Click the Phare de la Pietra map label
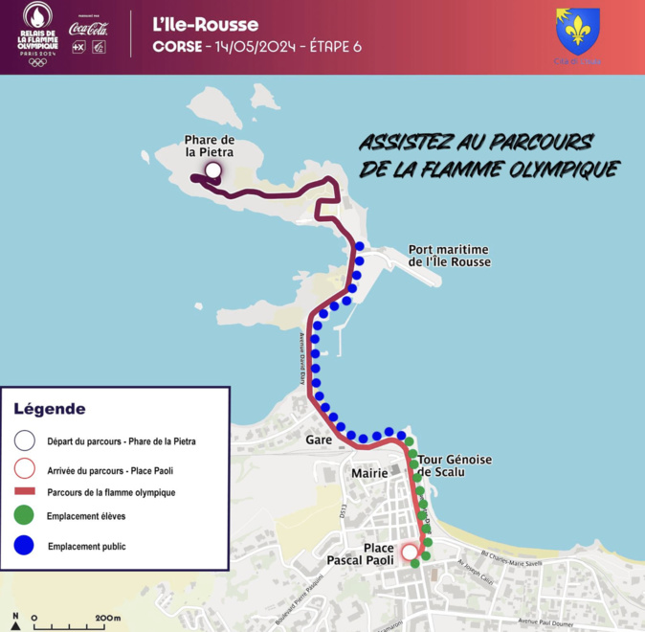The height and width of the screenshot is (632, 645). coord(210,146)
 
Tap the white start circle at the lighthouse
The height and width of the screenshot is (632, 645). coord(212,172)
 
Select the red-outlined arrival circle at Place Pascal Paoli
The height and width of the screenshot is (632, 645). coord(410,552)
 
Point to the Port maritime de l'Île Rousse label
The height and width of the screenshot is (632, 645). coord(449,255)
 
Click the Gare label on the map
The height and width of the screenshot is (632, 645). coord(319,440)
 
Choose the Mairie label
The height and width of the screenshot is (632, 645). coord(369,473)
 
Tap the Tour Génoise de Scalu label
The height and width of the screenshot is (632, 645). coord(455,465)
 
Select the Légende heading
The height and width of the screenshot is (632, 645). coord(50,409)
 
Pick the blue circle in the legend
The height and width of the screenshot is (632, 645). coord(24,546)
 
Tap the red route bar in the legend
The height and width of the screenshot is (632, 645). coord(24,492)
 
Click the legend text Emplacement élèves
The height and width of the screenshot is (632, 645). coord(86,516)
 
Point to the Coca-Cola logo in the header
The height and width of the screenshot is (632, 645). coord(88,29)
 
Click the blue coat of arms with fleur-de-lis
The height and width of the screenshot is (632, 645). coord(578,31)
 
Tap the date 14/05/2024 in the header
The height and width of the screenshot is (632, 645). coord(257,47)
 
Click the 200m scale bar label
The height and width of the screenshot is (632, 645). coord(107,619)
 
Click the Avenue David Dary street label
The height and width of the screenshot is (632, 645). coord(303,359)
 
